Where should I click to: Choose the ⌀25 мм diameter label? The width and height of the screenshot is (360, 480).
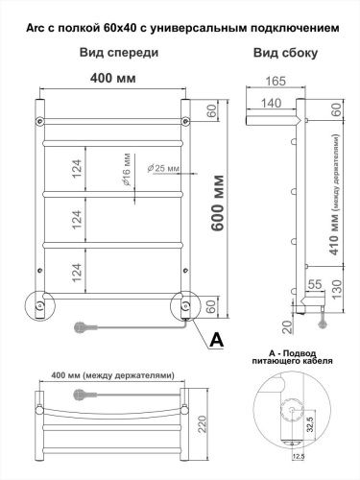pos(164,169)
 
